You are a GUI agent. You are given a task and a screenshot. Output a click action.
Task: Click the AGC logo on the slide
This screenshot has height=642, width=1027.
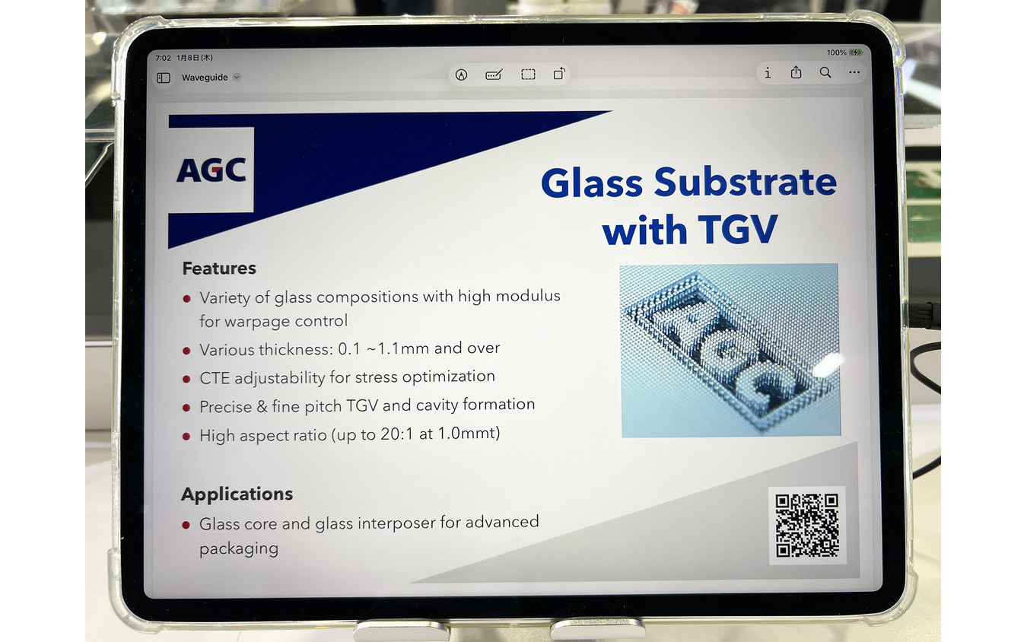[211, 170]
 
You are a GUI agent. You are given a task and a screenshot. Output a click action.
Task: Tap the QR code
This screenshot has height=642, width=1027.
[806, 525]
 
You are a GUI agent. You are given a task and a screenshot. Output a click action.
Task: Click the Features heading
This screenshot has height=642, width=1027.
[219, 269]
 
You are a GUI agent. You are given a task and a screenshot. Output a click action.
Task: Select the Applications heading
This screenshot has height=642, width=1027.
[237, 494]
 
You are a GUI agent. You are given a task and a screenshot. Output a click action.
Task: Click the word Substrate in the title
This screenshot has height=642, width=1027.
[745, 183]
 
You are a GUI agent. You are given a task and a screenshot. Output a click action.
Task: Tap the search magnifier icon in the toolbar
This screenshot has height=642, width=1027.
[825, 73]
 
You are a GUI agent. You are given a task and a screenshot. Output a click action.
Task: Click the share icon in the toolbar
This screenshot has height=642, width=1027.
[796, 73]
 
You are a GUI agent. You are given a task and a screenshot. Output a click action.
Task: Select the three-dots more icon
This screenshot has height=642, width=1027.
[854, 73]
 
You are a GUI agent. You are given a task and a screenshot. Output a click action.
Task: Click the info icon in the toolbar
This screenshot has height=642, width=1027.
[768, 73]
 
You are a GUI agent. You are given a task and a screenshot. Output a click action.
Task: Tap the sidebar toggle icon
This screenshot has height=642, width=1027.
[164, 78]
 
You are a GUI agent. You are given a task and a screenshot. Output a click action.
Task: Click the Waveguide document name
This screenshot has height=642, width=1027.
[205, 78]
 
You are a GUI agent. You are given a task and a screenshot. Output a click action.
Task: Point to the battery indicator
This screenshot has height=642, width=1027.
[856, 52]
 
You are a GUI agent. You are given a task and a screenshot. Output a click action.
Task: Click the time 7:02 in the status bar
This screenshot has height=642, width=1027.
[163, 58]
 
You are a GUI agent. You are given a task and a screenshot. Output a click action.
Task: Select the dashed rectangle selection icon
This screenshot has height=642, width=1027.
[528, 75]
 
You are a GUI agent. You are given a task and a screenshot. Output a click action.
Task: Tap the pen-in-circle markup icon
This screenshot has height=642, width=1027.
[461, 75]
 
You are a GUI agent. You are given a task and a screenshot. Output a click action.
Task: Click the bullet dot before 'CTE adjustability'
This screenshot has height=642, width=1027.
[186, 379]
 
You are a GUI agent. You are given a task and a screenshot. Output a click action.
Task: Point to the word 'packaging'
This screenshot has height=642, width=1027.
[239, 549]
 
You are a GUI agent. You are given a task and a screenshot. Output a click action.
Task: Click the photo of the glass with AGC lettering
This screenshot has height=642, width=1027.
[730, 350]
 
